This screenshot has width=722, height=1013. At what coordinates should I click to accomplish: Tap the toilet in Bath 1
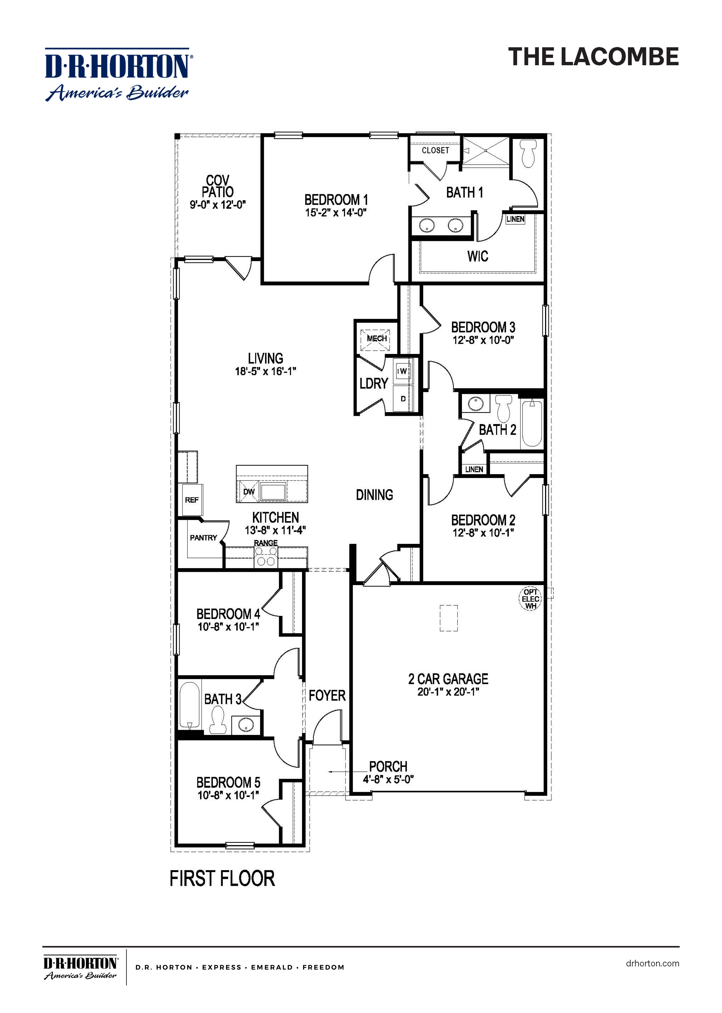pyautogui.click(x=528, y=153)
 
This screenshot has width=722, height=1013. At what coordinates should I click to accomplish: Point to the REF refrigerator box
pyautogui.click(x=192, y=500)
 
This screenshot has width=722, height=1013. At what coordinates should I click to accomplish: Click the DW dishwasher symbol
pyautogui.click(x=249, y=492)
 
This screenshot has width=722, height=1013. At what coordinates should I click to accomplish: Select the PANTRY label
pyautogui.click(x=203, y=537)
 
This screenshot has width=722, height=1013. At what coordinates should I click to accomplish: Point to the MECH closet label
pyautogui.click(x=377, y=339)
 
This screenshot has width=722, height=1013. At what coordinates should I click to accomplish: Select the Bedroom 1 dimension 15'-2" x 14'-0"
pyautogui.click(x=336, y=213)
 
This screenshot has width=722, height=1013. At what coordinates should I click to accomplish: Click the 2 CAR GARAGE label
pyautogui.click(x=448, y=679)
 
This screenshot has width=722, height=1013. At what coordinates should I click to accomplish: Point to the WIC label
pyautogui.click(x=477, y=256)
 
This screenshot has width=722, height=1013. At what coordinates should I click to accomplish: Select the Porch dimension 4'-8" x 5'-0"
pyautogui.click(x=388, y=779)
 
